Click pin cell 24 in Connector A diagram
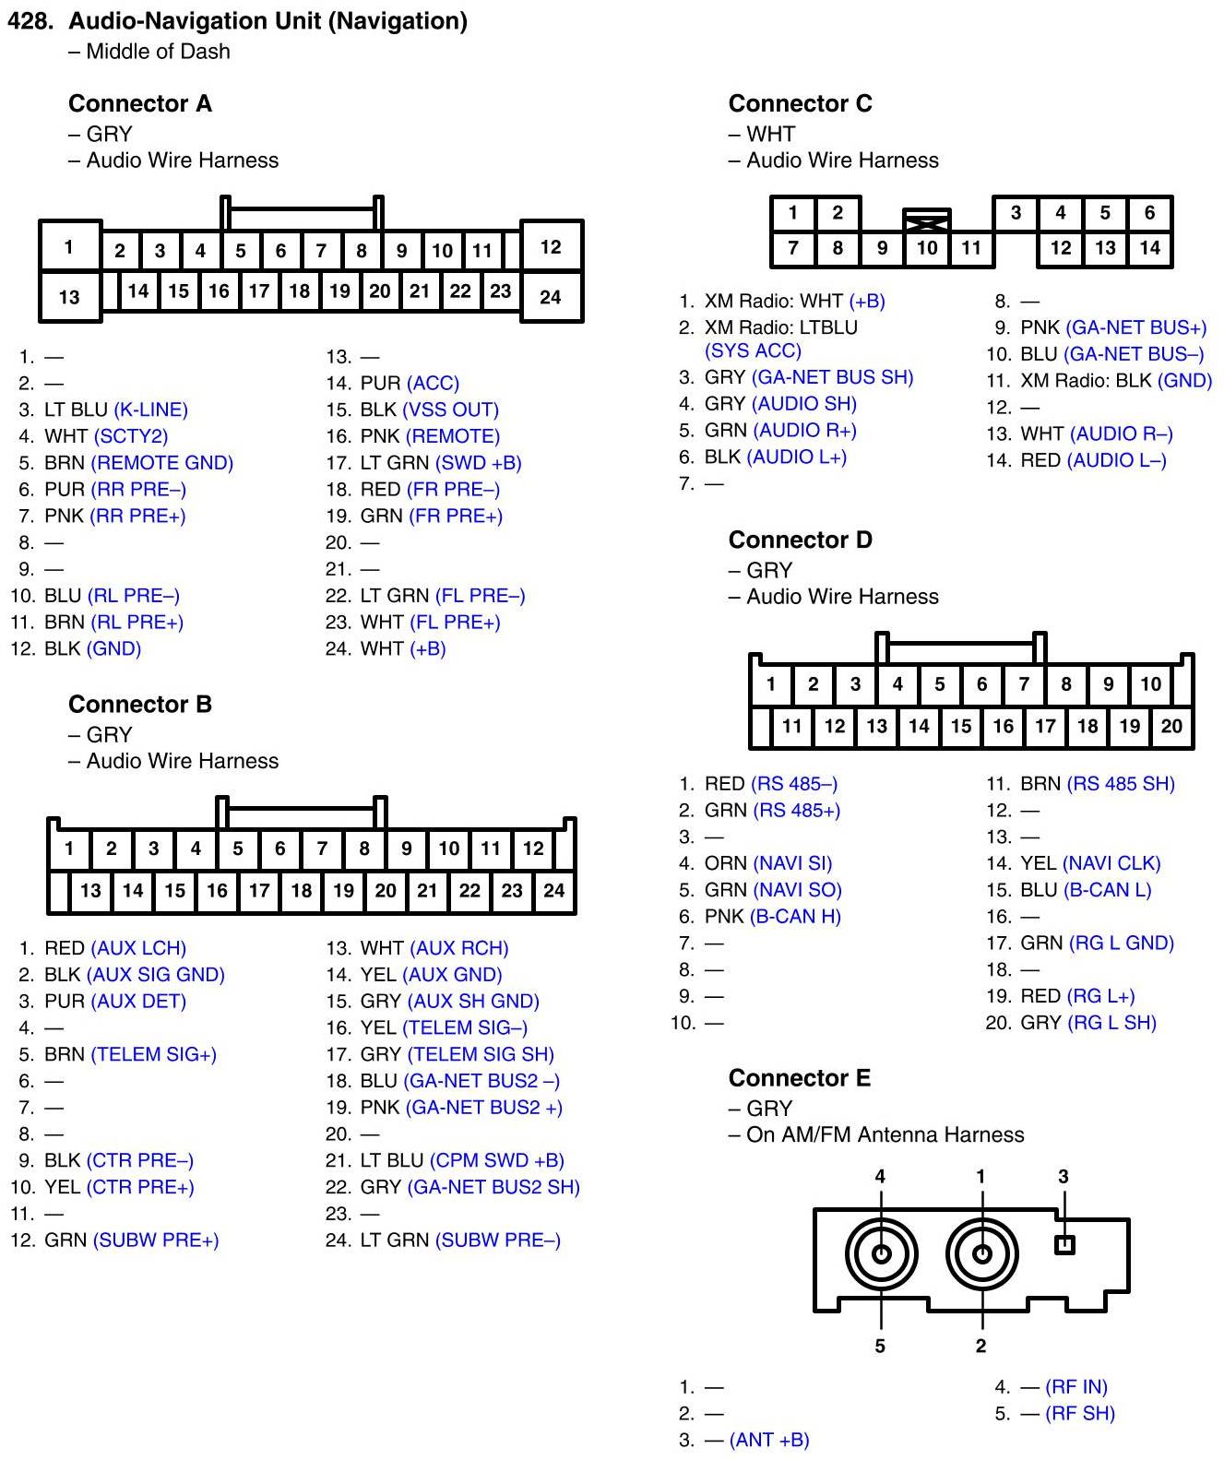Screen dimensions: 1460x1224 coord(551,297)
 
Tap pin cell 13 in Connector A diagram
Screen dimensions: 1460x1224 coord(69,297)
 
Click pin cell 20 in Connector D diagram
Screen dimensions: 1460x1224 coord(1171,726)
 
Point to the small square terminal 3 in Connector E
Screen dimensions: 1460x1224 coord(1064,1245)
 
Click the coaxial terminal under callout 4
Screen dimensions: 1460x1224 coord(881,1254)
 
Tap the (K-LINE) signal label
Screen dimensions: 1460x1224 coord(150,410)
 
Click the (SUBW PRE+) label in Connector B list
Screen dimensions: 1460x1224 coord(156,1240)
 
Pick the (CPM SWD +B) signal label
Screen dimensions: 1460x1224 coord(496,1160)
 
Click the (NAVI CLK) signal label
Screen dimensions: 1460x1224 coord(1111,863)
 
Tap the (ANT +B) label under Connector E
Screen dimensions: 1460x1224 coord(768,1440)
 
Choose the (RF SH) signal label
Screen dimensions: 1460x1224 coord(1079,1413)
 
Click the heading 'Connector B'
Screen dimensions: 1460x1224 coord(140,705)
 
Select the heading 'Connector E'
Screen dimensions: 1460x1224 coord(799,1078)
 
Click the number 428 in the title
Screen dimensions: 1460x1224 coord(30,21)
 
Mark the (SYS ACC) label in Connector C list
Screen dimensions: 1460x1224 coord(753,350)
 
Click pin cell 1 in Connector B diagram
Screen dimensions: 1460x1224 coord(69,849)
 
